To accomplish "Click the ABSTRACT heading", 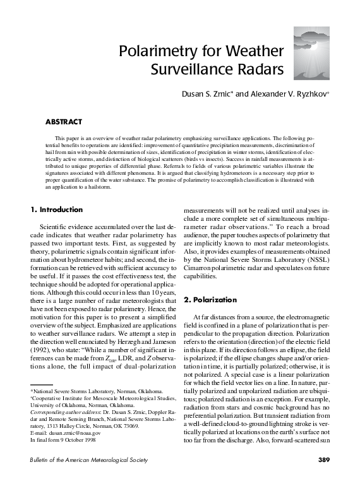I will coord(63,120).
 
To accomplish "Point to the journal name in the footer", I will coord(88,460).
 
